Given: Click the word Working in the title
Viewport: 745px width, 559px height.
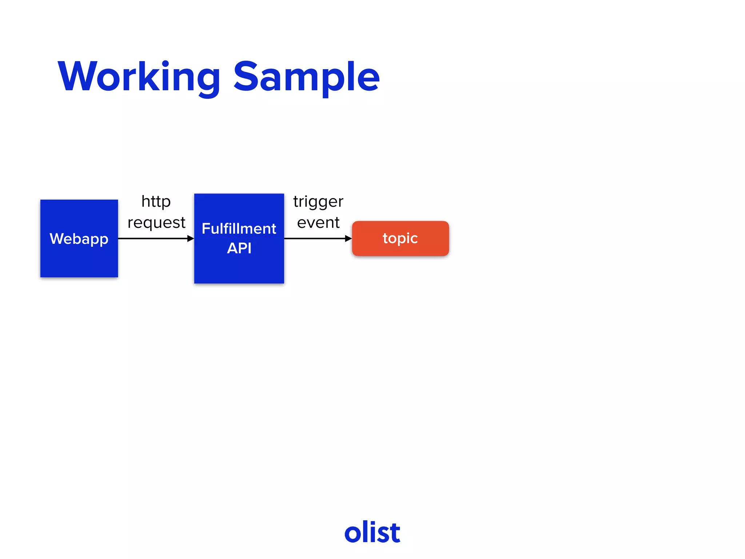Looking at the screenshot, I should click(139, 77).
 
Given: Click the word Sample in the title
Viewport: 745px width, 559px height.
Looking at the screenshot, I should click(306, 77).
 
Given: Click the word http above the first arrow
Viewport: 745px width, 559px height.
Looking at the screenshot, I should click(156, 201).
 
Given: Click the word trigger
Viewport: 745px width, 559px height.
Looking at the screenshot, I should click(318, 202).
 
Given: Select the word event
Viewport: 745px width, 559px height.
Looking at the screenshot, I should click(318, 222).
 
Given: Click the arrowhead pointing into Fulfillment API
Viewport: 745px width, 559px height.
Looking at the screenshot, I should click(190, 238).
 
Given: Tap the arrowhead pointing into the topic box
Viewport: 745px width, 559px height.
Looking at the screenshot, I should click(348, 238).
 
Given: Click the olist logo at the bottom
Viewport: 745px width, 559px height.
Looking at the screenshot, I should click(372, 532).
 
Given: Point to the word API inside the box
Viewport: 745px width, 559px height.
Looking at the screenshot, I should click(239, 248).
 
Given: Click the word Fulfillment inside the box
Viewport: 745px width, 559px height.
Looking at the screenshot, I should click(239, 229).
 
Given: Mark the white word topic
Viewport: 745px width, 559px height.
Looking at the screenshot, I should click(400, 238).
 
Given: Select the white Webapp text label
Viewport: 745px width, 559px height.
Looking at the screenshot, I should click(79, 239).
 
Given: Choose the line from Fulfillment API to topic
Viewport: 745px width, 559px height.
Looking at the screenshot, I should click(313, 238).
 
